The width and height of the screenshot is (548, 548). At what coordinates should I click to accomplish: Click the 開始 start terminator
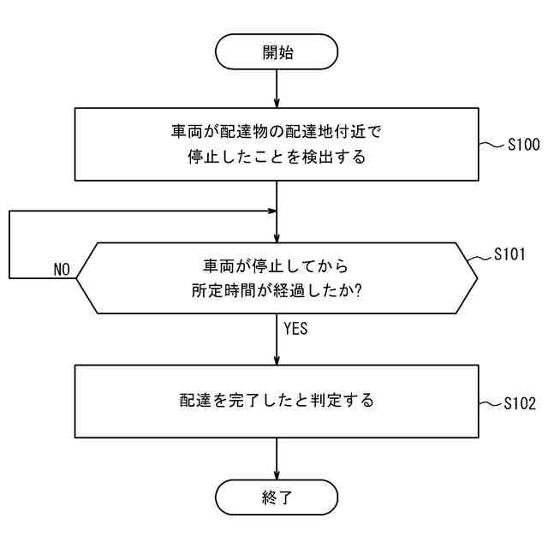tap(277, 52)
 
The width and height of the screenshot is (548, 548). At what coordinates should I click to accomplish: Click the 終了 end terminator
tap(277, 497)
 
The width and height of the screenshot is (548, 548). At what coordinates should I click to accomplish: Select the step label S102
tap(521, 402)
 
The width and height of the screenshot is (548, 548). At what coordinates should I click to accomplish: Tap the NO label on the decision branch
tap(62, 270)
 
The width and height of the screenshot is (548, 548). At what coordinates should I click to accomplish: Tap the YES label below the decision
tap(295, 328)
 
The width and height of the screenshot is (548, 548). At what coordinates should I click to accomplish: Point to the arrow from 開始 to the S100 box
tap(277, 88)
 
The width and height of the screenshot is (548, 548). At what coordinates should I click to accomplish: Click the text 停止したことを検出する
tap(277, 157)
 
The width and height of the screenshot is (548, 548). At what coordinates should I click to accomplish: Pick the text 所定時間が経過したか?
tap(277, 290)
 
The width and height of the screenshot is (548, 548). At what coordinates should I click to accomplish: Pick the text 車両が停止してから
tap(277, 265)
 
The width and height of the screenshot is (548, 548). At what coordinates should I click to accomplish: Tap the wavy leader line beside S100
tap(491, 146)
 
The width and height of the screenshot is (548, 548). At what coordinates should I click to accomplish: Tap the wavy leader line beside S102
tap(491, 402)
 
